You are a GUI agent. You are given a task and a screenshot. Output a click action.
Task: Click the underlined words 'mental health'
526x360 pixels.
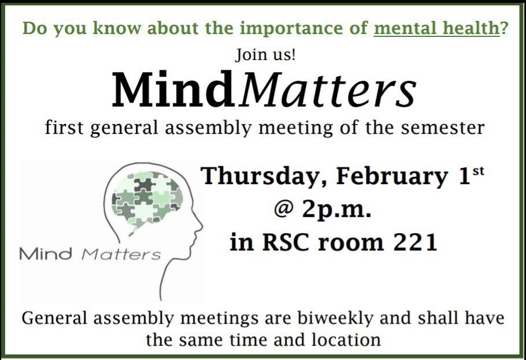(436, 29)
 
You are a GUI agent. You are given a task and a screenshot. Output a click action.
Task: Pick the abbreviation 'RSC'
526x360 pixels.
(285, 243)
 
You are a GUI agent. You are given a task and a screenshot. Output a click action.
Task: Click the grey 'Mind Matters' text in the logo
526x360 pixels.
(90, 254)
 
